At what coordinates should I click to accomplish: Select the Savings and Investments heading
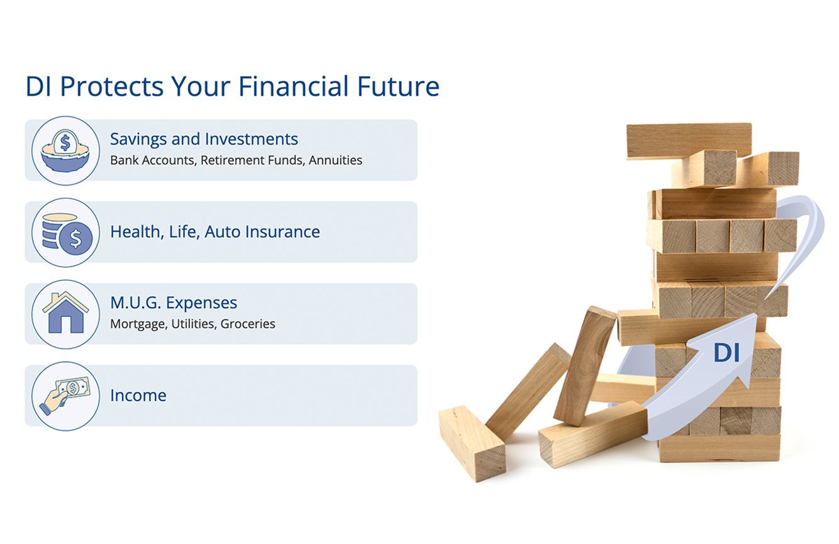pos(204,139)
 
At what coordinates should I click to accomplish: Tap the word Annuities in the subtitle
pos(335,160)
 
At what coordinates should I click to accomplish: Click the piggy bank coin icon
pos(65,150)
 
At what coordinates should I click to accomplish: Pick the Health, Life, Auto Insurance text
pos(214,232)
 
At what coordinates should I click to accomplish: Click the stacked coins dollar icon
pos(65,232)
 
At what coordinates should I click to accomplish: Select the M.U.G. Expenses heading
pos(174,303)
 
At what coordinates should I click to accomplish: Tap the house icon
pos(65,314)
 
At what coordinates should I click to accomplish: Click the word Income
pos(138,396)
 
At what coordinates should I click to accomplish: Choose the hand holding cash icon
pos(65,396)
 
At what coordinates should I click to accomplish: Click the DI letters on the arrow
pos(726,353)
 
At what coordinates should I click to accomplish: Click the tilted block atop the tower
pos(689,139)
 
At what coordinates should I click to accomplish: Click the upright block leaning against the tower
pos(585,365)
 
